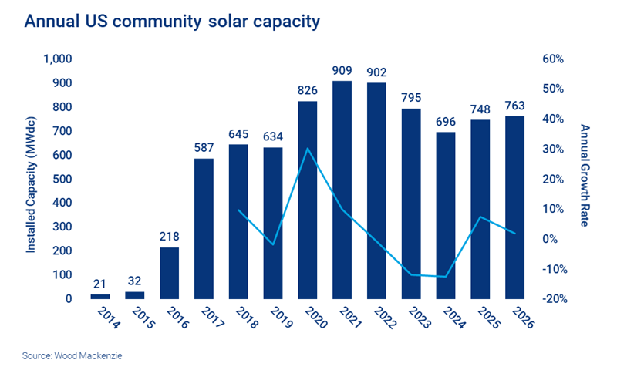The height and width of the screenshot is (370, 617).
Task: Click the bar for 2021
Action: click(342, 190)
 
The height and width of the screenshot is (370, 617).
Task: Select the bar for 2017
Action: click(204, 228)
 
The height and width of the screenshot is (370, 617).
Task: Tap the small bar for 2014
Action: click(100, 296)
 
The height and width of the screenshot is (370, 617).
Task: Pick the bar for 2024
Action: click(446, 215)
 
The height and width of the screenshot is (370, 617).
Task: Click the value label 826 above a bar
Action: click(308, 90)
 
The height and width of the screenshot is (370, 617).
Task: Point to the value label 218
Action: click(169, 236)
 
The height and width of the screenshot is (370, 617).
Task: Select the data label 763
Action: click(514, 105)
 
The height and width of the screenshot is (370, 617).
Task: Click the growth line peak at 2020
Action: click(308, 148)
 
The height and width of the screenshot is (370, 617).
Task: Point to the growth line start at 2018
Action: click(238, 210)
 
